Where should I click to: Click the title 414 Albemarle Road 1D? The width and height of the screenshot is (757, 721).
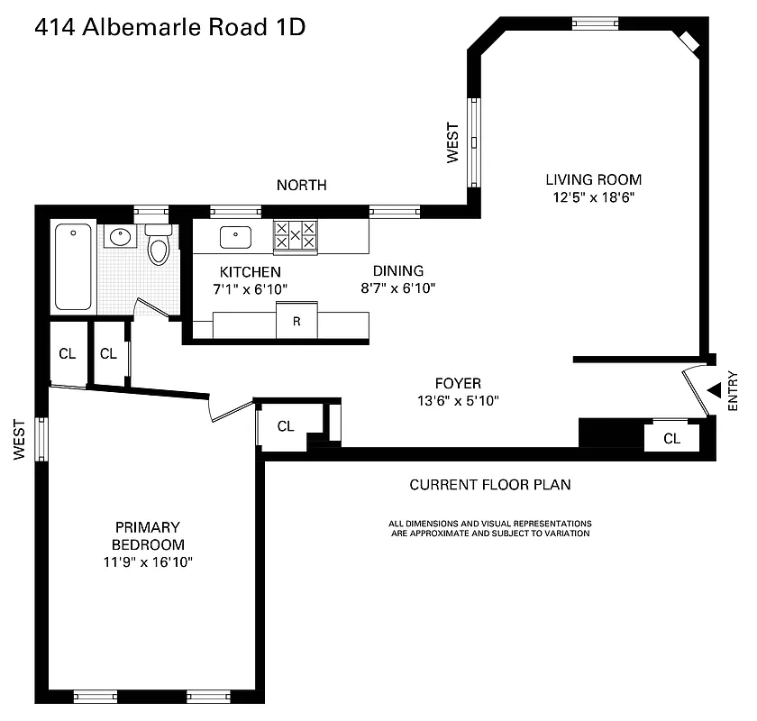coord(170,28)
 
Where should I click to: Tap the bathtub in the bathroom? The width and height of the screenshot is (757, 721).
coord(73,267)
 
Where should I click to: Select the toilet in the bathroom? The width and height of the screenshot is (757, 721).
coord(159,246)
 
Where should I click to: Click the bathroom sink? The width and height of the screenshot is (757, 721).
coord(120,238)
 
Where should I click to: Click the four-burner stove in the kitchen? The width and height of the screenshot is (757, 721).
coord(296,236)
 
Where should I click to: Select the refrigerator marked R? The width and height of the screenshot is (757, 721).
coord(296,322)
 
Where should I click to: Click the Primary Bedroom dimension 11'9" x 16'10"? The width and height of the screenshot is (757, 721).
coord(148,562)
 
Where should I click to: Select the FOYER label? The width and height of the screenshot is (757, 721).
coord(458,383)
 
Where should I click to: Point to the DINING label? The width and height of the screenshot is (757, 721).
coord(398,270)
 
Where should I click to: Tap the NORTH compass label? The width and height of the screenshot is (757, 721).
coord(301,185)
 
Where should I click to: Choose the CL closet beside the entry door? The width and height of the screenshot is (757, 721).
coord(671,438)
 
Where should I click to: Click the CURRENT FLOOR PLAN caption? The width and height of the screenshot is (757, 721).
coord(490,484)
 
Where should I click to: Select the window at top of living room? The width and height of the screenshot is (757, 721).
coord(595,23)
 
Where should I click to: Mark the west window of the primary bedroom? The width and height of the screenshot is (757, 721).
coord(41,439)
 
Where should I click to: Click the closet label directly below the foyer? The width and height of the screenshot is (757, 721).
coord(286,426)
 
